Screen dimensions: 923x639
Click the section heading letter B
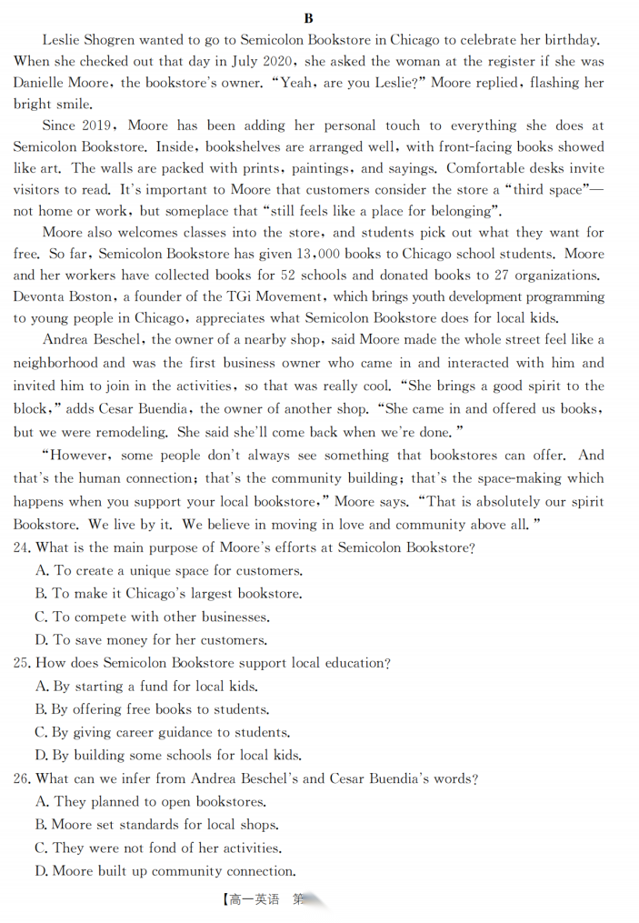click(x=309, y=18)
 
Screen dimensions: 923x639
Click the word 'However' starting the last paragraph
click(x=80, y=455)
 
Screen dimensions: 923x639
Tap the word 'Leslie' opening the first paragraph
click(x=62, y=39)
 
